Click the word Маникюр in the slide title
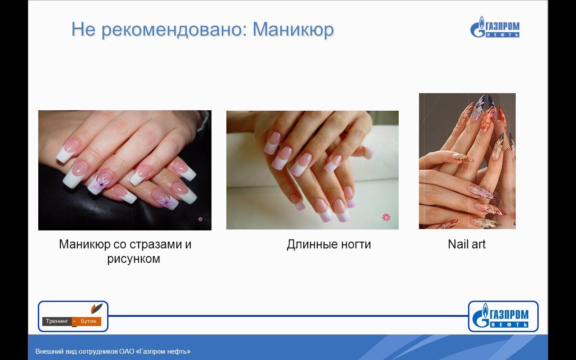click(293, 29)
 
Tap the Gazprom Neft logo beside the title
click(495, 27)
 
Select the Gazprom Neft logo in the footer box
click(500, 315)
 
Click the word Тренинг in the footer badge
click(57, 321)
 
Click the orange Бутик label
click(89, 321)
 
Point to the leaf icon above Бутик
click(97, 308)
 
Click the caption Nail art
click(467, 244)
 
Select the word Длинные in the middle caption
click(312, 244)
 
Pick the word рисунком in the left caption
click(134, 259)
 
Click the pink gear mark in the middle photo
click(386, 217)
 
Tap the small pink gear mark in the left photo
click(200, 219)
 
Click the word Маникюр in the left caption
click(85, 244)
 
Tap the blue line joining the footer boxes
click(288, 316)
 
